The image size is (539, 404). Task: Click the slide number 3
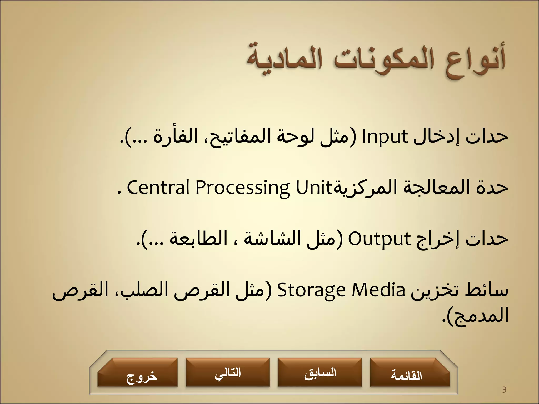pos(504,390)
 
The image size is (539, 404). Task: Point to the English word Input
pos(385,137)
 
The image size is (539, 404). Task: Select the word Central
pos(158,188)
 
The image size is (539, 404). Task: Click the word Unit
pos(313,188)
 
